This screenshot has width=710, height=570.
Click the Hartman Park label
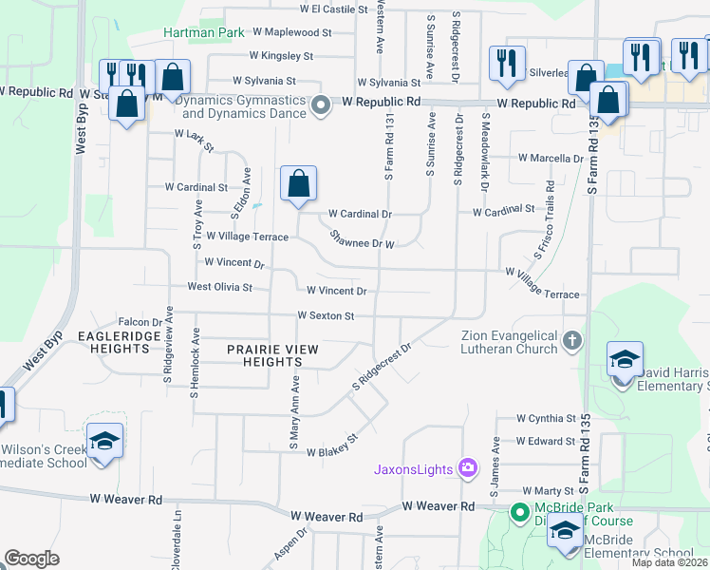[203, 32]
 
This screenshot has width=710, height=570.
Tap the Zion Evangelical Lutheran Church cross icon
[571, 340]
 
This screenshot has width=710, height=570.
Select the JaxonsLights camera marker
[467, 466]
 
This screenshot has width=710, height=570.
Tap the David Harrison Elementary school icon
[624, 360]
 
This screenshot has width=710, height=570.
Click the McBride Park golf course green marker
[519, 513]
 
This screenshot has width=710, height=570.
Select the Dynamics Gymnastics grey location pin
[321, 104]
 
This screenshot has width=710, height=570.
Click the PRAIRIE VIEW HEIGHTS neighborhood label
[271, 355]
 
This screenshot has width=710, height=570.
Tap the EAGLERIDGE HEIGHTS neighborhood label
[114, 342]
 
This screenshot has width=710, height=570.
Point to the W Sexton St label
[325, 315]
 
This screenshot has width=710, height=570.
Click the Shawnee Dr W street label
[362, 238]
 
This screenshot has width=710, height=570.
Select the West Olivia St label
[219, 286]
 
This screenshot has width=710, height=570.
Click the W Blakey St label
[330, 446]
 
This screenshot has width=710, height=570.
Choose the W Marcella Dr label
[550, 158]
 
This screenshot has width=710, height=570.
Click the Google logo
[31, 559]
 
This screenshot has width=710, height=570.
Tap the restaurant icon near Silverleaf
[506, 63]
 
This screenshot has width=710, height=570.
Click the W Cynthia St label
[546, 418]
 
